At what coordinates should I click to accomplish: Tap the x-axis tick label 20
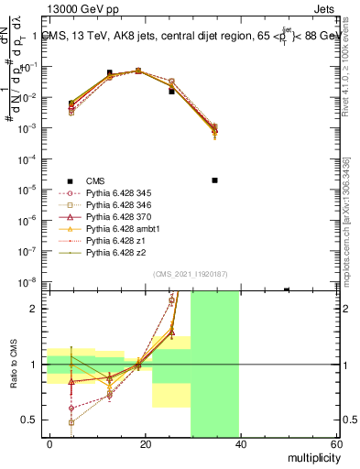coord(145,444)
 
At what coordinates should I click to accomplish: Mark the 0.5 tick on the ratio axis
coord(31,420)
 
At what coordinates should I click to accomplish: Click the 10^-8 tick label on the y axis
coord(27,282)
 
